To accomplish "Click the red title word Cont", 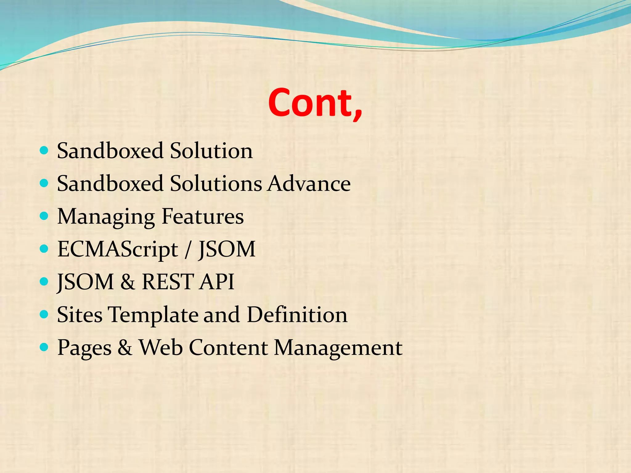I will pos(315,103).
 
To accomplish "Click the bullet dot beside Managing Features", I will pos(44,216).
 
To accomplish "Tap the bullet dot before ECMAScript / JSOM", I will pos(44,249).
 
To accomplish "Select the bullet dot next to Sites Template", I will pos(44,314).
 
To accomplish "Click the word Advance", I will pos(309,184).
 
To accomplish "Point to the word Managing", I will pos(106,217).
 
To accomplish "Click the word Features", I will pos(203,216).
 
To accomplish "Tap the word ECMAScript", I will pos(118,249).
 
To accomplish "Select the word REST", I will pos(168,282).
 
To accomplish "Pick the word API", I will pos(217,282).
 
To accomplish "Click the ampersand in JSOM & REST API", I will pos(128,282).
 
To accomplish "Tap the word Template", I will pos(153,315).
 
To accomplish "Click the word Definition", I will pos(297,315).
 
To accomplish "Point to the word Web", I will pos(161,347).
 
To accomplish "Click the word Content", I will pos(228,347).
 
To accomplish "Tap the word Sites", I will pos(80,315).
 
